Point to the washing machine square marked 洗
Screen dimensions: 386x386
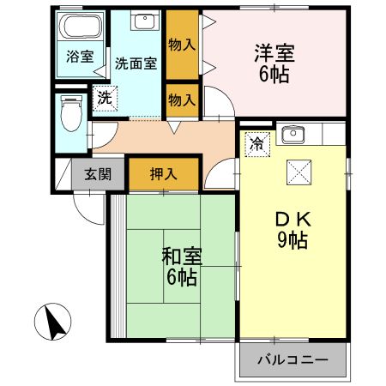tap(104, 97)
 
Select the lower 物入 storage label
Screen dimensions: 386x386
tap(181, 98)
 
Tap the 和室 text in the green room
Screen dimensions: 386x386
tap(181, 255)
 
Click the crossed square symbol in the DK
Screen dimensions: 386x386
tap(300, 172)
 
